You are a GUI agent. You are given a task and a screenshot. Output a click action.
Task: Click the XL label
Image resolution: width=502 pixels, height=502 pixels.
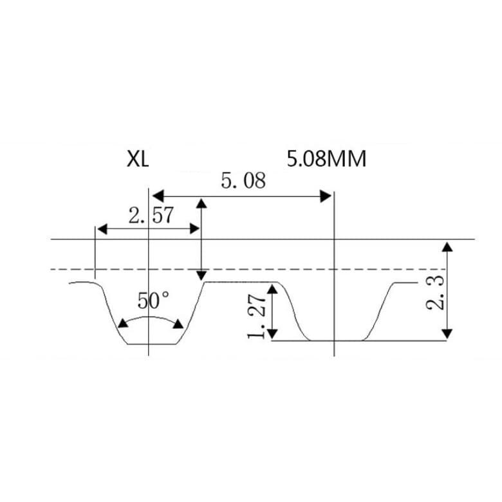pos(138,159)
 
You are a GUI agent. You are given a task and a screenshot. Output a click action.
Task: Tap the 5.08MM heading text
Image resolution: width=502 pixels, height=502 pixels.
pos(326,159)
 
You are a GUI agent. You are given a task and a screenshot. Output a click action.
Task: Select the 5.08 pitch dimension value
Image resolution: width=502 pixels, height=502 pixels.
pos(243,181)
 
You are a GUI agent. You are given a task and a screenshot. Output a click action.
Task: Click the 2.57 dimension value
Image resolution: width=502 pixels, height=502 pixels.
pos(151,215)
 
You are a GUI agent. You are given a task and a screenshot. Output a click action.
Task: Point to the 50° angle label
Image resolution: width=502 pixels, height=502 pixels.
pos(153,301)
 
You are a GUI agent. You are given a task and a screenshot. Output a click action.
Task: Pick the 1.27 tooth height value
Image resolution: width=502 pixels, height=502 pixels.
pos(256,317)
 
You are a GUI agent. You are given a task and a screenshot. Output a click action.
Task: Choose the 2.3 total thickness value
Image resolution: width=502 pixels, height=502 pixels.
pos(435,292)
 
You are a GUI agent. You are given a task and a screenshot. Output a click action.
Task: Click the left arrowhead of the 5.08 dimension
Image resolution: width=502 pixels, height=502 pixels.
pos(158,196)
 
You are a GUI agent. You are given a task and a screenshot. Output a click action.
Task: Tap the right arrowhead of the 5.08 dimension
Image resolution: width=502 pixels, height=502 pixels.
pos(326,196)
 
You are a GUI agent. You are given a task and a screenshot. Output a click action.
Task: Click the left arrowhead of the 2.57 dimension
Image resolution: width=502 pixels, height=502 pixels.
pos(102,229)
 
